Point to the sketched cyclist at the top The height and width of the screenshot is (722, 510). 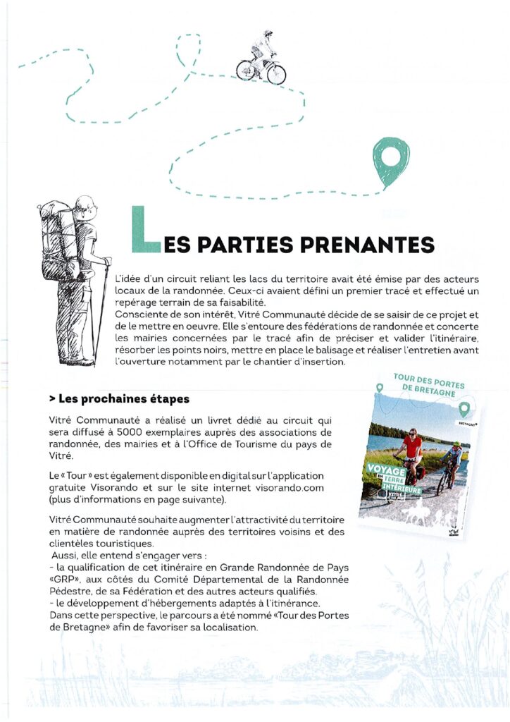(x=261, y=59)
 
